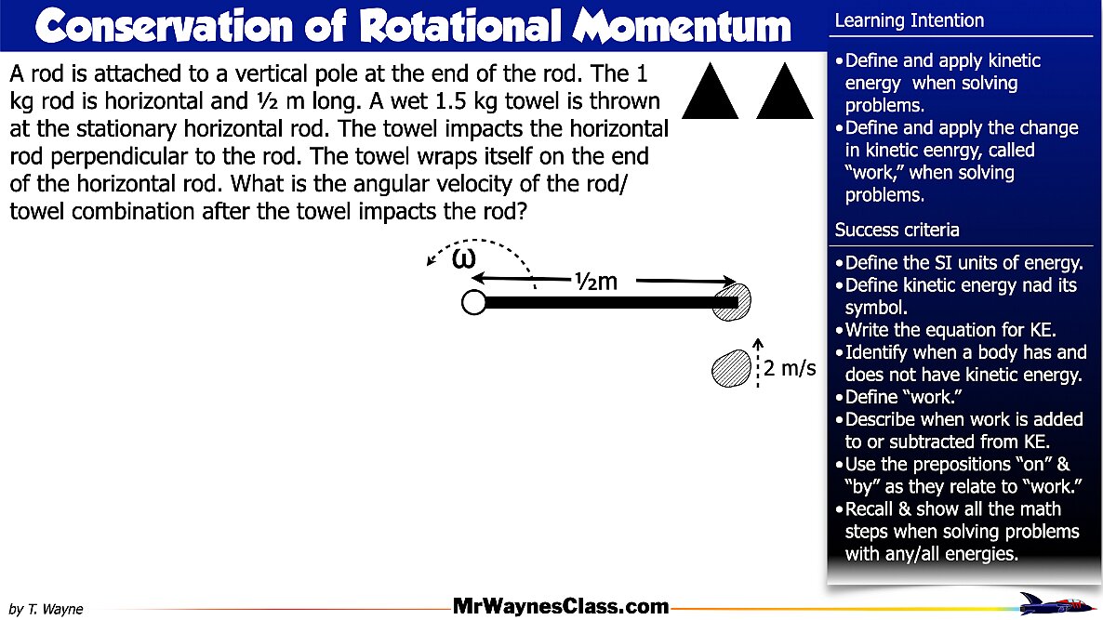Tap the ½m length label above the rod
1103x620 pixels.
click(595, 280)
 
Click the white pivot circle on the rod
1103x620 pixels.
click(473, 302)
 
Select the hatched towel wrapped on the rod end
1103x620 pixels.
click(731, 301)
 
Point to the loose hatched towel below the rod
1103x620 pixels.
click(729, 368)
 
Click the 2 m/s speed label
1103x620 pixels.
click(790, 368)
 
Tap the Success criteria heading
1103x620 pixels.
click(897, 230)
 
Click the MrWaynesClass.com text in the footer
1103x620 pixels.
click(560, 607)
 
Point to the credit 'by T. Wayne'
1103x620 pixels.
click(47, 609)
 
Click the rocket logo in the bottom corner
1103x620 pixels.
click(1056, 603)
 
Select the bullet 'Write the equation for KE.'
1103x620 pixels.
click(951, 330)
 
